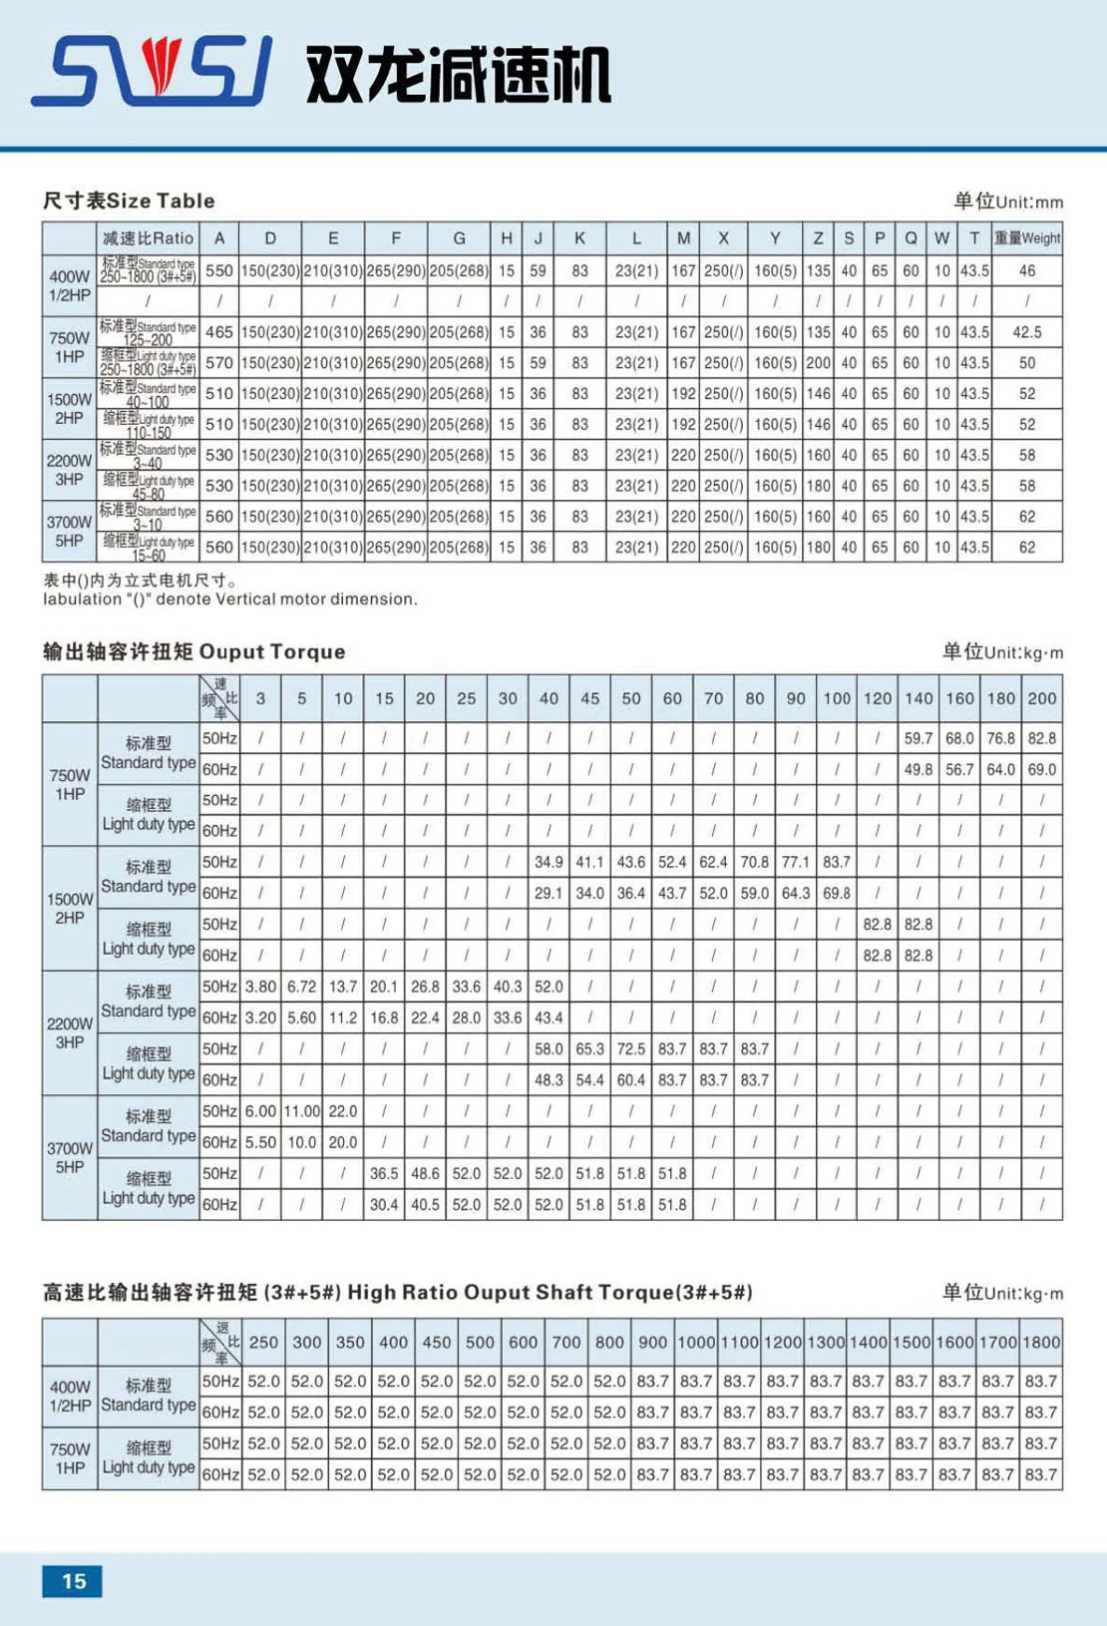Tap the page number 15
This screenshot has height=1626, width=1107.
tap(73, 1581)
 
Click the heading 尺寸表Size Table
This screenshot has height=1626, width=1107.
tap(129, 201)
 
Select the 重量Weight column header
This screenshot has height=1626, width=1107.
tap(1026, 238)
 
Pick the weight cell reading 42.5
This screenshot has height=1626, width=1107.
tap(1026, 332)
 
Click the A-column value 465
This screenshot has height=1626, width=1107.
tap(219, 332)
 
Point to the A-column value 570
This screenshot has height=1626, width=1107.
tap(219, 363)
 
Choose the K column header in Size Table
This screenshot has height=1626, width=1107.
tap(579, 238)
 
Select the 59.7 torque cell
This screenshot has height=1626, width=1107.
tap(919, 739)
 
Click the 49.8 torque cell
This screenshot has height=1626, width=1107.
tap(919, 770)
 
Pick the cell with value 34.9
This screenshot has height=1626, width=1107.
tap(549, 862)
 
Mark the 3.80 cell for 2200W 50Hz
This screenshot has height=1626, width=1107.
tap(260, 987)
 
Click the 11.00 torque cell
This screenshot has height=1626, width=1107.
tap(301, 1111)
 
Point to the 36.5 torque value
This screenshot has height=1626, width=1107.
tap(384, 1174)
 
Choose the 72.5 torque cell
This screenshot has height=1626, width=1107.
tap(630, 1049)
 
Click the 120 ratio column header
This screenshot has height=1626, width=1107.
tap(878, 698)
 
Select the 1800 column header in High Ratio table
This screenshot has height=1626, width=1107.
tap(1041, 1343)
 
